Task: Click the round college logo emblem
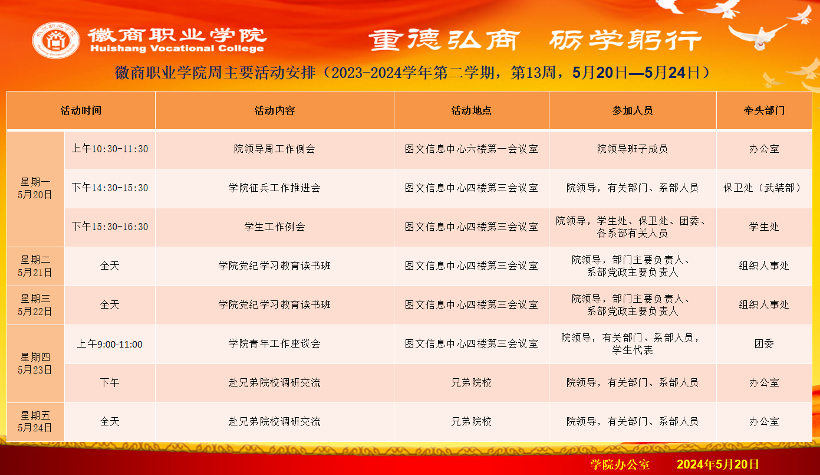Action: (x=56, y=40)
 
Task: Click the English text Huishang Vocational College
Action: (x=177, y=48)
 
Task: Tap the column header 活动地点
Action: (x=471, y=110)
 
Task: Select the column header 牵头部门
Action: (x=764, y=110)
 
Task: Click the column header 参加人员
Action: (x=632, y=110)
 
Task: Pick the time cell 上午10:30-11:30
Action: (x=110, y=149)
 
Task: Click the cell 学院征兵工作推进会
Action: (x=275, y=188)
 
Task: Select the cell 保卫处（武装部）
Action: (x=764, y=188)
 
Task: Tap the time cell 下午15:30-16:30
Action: (x=110, y=227)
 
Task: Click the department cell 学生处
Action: (x=764, y=227)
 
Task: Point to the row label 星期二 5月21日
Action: (x=35, y=266)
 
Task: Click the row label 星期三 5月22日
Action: (x=35, y=305)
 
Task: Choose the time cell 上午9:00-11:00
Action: (x=110, y=344)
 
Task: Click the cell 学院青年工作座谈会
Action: (x=275, y=343)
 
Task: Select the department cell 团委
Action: (x=764, y=343)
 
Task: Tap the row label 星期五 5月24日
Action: (x=35, y=421)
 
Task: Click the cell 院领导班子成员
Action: (x=632, y=149)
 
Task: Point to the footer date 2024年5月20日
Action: (x=717, y=464)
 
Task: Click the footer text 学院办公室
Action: (x=620, y=464)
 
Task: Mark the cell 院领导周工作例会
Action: (x=275, y=149)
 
